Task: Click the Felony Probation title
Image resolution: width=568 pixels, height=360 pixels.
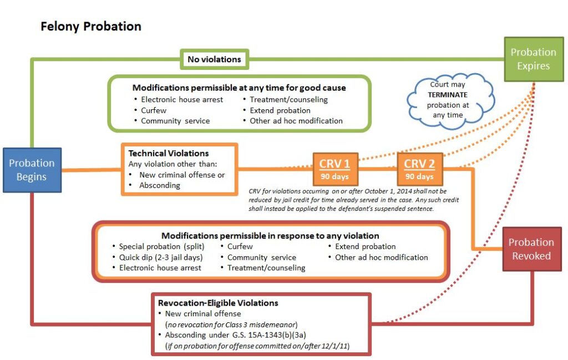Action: [91, 26]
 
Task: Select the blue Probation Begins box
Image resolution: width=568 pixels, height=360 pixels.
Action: [32, 170]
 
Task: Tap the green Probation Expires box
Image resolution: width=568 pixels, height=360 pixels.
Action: [533, 59]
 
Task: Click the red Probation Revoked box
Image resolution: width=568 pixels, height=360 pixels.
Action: [531, 249]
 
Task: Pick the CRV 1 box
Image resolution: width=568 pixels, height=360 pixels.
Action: [335, 169]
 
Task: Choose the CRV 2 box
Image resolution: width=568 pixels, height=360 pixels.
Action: [419, 169]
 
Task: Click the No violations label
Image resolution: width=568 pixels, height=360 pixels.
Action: [214, 59]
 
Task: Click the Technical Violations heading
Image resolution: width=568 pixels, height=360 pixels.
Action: [169, 153]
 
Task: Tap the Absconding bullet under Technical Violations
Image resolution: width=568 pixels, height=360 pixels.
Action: [159, 185]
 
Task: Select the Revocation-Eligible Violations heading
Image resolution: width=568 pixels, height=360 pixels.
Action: [218, 303]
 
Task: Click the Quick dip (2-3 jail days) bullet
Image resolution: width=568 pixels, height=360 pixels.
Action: [160, 257]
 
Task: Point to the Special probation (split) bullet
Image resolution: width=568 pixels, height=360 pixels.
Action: [160, 246]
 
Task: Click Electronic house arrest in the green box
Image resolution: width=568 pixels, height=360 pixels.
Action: [182, 99]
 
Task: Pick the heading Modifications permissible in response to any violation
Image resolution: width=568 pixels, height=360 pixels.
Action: [270, 235]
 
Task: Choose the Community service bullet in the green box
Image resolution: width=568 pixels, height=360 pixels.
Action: [175, 120]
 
